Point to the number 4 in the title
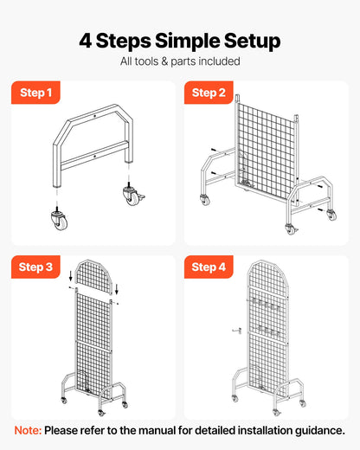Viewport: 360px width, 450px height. [x=86, y=41]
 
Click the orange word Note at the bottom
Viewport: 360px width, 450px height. [x=29, y=430]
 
